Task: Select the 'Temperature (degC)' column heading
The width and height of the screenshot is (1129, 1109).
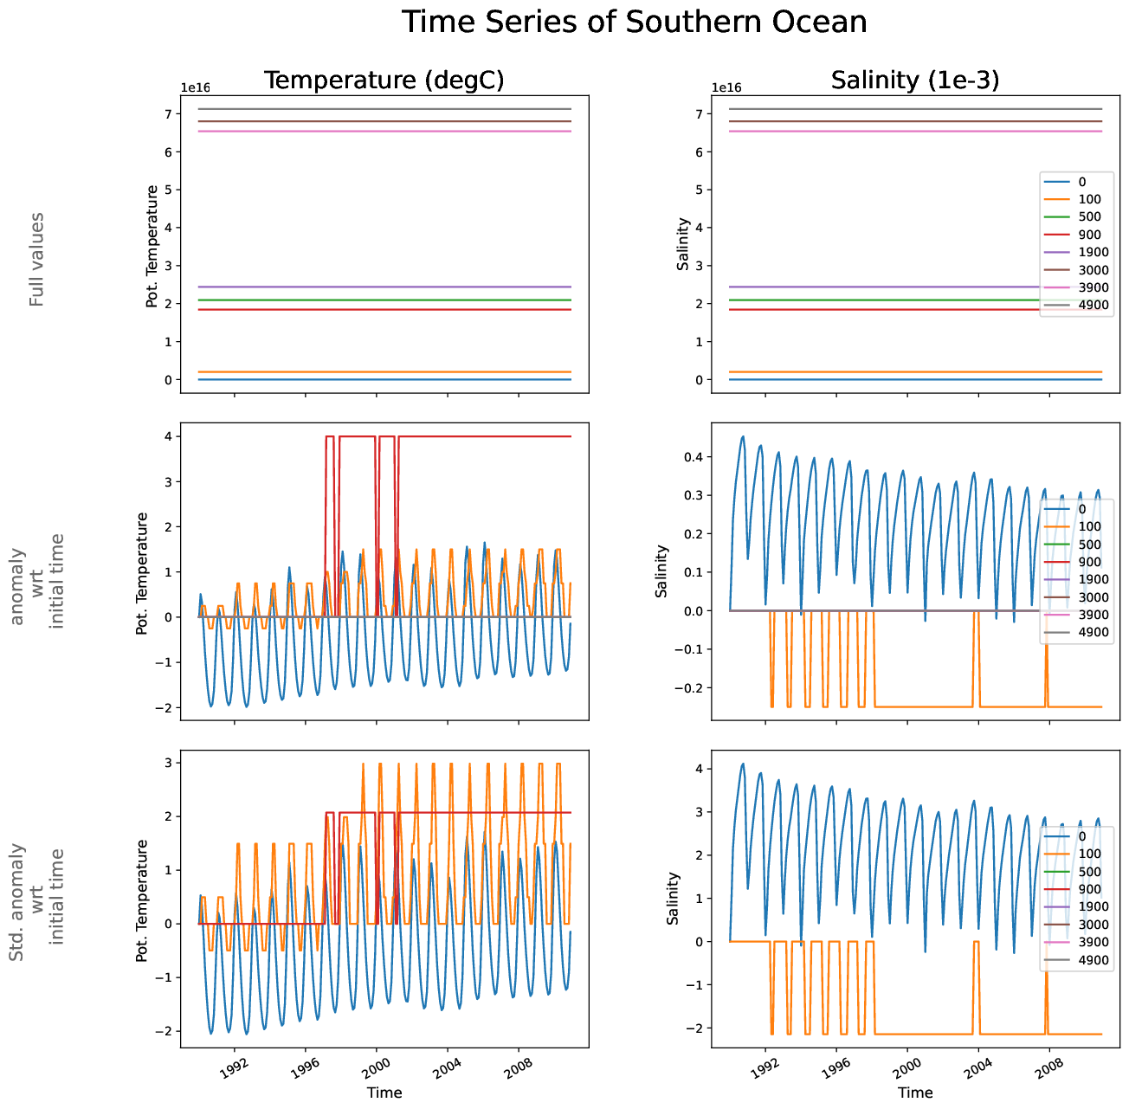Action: coord(384,81)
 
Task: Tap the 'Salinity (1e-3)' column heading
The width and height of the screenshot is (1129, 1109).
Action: coord(914,81)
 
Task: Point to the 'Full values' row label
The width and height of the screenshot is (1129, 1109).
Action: coord(36,259)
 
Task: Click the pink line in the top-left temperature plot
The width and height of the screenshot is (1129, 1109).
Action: coord(384,132)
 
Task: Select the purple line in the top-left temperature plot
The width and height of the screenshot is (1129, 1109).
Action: coord(384,287)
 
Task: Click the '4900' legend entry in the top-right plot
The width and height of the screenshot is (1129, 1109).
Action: coord(1094,305)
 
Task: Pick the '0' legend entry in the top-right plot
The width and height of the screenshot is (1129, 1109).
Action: coord(1081,182)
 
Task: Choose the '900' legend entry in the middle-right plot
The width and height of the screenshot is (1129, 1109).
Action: coord(1090,562)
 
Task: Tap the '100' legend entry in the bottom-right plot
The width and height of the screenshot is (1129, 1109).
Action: coord(1090,854)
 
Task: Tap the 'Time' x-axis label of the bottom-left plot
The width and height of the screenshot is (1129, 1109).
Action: coord(384,1093)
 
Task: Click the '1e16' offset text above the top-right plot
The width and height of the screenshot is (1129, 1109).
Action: coord(726,87)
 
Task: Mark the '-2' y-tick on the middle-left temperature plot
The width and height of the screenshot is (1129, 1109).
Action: coord(165,708)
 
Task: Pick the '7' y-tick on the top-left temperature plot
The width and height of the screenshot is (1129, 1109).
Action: coord(169,114)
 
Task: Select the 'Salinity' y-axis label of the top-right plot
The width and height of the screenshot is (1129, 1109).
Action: coord(683,244)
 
